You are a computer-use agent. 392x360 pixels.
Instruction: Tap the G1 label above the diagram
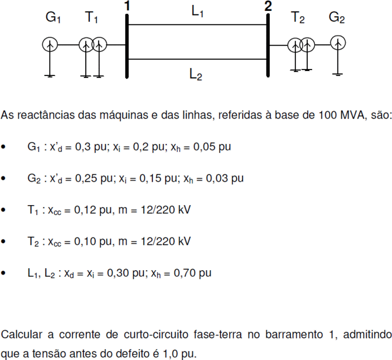point(53,17)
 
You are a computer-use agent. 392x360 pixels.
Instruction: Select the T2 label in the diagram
point(298,17)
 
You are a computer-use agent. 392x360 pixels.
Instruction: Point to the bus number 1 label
point(127,6)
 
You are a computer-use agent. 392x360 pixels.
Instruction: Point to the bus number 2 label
point(268,6)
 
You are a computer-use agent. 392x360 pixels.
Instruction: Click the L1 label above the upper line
point(197,11)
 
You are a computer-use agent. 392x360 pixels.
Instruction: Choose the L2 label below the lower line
point(196,74)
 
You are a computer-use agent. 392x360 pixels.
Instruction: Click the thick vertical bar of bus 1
point(127,46)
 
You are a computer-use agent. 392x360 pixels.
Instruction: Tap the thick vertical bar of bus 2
point(268,45)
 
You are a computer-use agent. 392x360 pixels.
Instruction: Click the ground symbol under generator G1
point(50,76)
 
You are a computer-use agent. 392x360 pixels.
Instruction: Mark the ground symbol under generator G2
point(338,74)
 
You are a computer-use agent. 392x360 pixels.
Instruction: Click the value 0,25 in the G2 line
point(86,178)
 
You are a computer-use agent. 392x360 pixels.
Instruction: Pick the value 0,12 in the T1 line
point(85,210)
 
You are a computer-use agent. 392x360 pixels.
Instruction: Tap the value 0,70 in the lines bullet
point(185,273)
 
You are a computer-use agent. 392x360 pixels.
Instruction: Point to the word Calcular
point(21,335)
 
